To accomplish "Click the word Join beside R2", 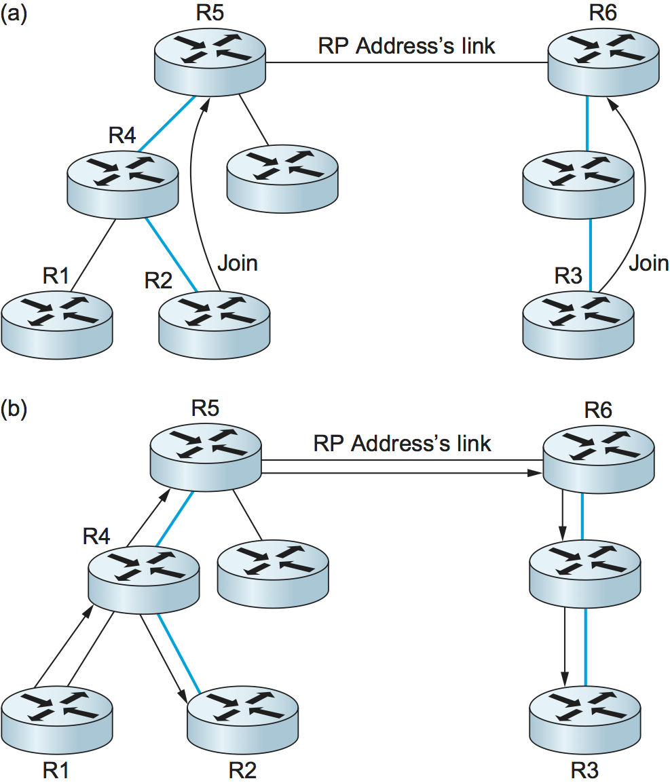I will [x=238, y=263].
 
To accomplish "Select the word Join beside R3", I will [x=648, y=263].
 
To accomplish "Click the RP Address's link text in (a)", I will [x=407, y=46].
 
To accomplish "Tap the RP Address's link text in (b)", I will [x=402, y=443].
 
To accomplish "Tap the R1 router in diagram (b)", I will [x=56, y=719].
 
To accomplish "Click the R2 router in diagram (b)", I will [x=242, y=719].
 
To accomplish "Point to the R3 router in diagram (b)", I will [x=584, y=719].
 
